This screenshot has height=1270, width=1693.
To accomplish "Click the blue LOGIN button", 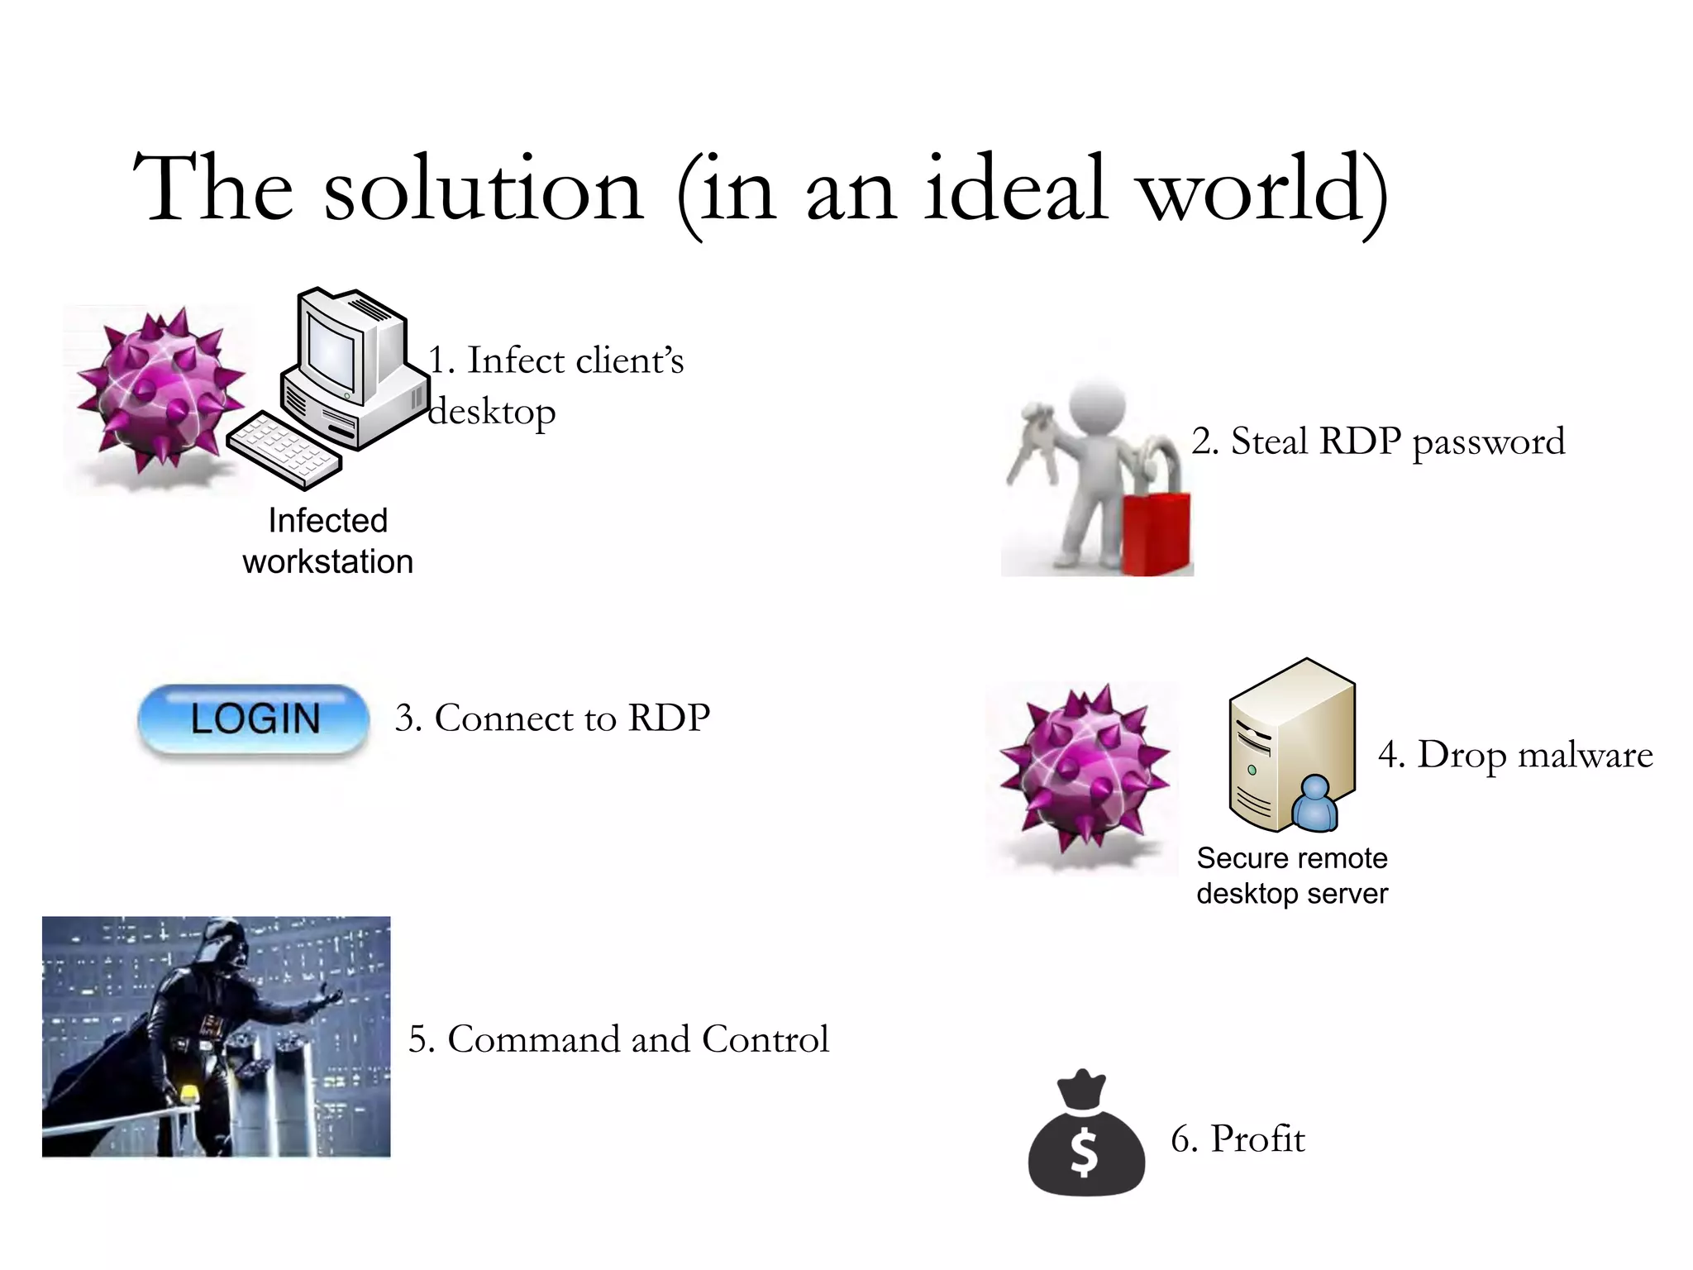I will (x=254, y=718).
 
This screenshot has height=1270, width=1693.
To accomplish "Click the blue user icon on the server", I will (x=1314, y=804).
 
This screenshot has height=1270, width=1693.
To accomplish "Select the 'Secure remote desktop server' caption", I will (x=1291, y=876).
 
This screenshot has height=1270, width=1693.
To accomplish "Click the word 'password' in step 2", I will (x=1488, y=442).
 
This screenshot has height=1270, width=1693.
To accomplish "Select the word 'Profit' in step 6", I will (x=1257, y=1139).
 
